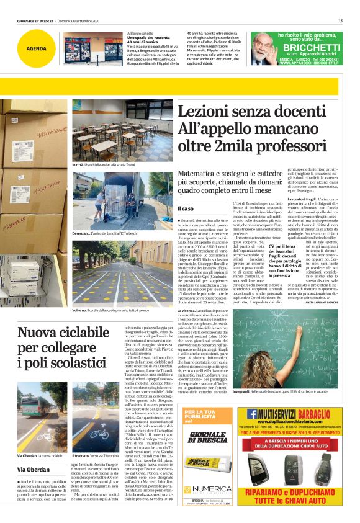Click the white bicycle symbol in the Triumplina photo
pyautogui.click(x=99, y=431)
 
